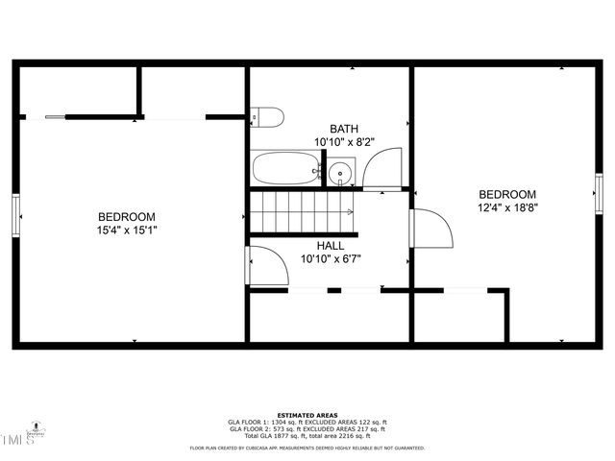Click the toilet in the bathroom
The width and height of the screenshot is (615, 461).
tap(268, 117)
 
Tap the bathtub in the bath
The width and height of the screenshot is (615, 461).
tap(286, 170)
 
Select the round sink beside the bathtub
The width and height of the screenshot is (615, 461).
tap(340, 174)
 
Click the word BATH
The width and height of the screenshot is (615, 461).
tap(343, 129)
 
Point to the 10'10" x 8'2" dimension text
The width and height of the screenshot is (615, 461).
tap(343, 142)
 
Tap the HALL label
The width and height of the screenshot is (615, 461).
tap(330, 246)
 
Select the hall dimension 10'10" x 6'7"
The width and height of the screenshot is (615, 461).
tap(330, 258)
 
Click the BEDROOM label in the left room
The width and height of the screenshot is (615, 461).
tap(126, 217)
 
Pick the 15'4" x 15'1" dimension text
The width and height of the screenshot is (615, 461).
tap(126, 230)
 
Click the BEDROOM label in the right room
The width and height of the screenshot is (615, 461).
tap(506, 194)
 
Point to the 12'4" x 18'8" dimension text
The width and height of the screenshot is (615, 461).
tap(506, 206)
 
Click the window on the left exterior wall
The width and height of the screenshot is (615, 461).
tap(15, 214)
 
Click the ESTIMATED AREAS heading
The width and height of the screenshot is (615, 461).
tap(307, 415)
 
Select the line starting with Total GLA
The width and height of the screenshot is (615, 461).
tap(307, 435)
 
